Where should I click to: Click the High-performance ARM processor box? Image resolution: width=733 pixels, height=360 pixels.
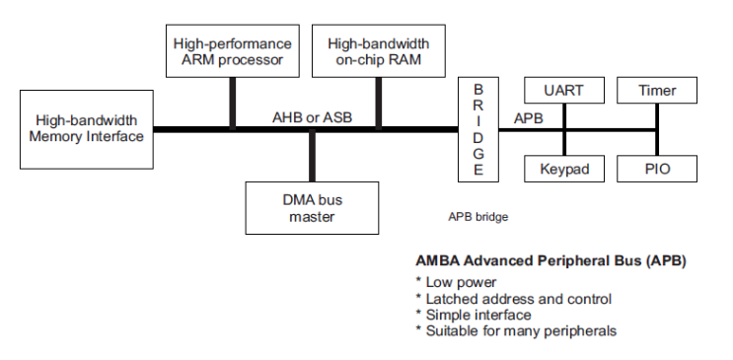pos(232,51)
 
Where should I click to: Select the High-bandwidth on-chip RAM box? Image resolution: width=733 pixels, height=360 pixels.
pos(378,51)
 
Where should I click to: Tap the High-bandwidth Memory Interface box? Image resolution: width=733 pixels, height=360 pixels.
pos(85,128)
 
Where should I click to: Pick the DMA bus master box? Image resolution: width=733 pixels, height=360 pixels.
pos(312,207)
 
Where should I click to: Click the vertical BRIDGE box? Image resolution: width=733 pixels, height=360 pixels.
pos(478,128)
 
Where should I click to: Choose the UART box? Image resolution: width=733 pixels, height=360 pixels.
pos(563,91)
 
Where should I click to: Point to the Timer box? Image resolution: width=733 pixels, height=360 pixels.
pos(657,91)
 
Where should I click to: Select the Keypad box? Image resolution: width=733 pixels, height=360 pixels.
pos(563,169)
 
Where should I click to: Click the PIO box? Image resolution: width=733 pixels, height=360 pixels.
pos(657,169)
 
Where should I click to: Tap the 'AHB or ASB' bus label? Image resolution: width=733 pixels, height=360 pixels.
pos(312,117)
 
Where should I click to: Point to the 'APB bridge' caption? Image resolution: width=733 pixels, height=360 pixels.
pos(477,215)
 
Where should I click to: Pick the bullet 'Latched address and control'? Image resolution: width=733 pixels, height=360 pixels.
pos(513,298)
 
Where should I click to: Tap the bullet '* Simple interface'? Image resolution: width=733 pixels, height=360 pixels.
pos(473,315)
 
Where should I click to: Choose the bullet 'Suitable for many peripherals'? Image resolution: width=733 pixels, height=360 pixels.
pos(515,331)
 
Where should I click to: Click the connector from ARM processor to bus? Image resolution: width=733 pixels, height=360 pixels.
pos(233,103)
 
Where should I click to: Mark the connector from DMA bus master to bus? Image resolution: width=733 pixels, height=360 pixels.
pos(312,156)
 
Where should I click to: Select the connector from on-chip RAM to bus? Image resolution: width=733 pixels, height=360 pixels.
pos(379,103)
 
